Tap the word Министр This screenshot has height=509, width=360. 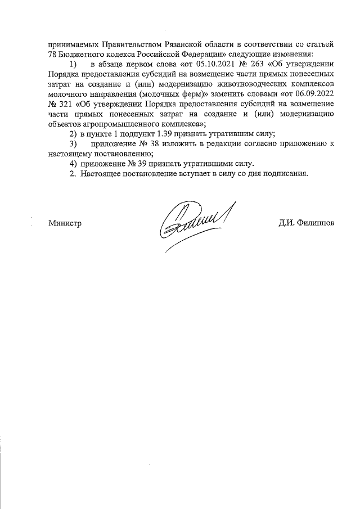tap(65, 223)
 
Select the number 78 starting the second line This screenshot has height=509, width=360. tap(53, 53)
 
